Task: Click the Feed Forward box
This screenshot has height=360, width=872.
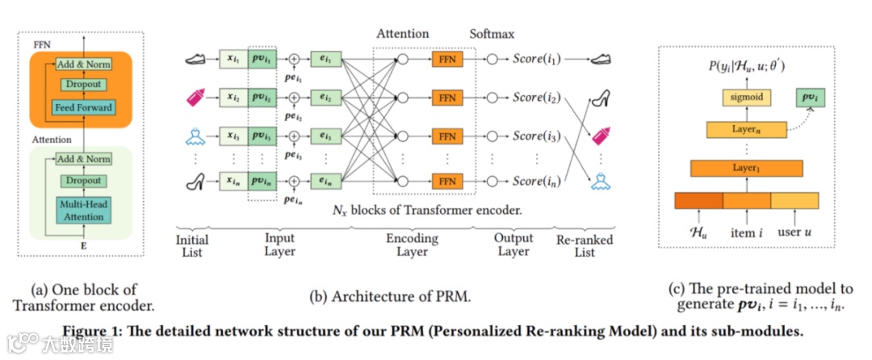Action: coord(84,107)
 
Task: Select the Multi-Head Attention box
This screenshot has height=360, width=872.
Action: coord(84,211)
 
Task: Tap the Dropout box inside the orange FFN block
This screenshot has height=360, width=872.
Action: coord(83,85)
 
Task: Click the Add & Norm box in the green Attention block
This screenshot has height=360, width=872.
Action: coord(84,158)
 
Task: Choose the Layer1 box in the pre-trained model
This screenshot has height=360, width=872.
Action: coord(746,168)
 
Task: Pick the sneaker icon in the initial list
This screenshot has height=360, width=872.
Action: coord(196,58)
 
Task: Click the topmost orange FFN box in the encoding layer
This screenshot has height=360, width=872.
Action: coord(447,59)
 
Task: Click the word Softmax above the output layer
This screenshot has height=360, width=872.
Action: coord(492,35)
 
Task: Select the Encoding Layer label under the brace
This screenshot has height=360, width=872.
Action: coord(412,245)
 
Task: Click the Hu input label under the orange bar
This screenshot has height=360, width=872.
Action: coord(698,234)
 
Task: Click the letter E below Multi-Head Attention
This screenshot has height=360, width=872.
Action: coord(84,241)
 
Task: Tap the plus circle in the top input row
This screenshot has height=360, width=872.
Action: coord(294,59)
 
